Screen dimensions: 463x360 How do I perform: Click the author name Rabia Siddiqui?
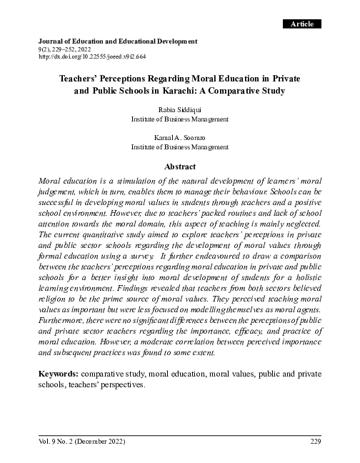180,111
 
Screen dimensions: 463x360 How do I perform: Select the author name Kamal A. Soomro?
180,136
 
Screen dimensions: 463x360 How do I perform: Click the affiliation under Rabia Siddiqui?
180,119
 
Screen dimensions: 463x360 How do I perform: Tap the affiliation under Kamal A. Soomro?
180,146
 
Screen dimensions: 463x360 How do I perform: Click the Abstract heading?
180,165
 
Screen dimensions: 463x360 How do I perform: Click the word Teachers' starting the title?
78,79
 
